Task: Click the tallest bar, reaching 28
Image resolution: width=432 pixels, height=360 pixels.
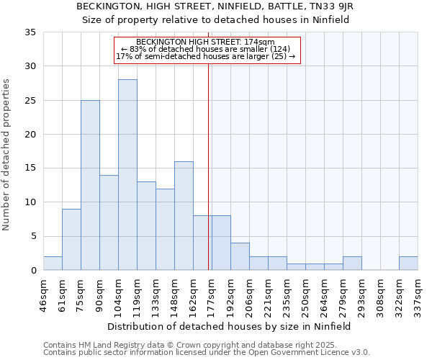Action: pyautogui.click(x=127, y=175)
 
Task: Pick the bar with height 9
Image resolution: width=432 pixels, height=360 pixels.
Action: pyautogui.click(x=71, y=240)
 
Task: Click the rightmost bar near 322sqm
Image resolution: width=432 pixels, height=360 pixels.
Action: pyautogui.click(x=408, y=264)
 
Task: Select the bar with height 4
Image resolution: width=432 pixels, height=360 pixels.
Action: pyautogui.click(x=240, y=256)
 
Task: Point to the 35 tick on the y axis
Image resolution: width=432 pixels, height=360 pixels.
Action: pyautogui.click(x=30, y=32)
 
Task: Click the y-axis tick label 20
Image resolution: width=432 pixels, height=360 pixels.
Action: pyautogui.click(x=30, y=135)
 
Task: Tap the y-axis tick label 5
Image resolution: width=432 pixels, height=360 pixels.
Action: pyautogui.click(x=32, y=237)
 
